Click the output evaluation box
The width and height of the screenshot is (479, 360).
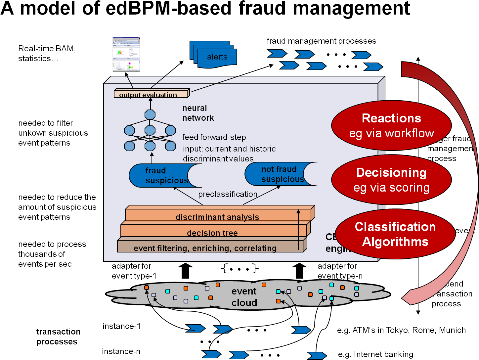(x=151, y=94)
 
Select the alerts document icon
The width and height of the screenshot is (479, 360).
(x=217, y=57)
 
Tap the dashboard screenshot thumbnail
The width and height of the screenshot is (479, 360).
(x=126, y=55)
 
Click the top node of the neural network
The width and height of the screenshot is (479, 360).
(x=150, y=114)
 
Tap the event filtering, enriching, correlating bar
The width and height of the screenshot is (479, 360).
(x=205, y=248)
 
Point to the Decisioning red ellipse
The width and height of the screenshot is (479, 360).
(x=391, y=180)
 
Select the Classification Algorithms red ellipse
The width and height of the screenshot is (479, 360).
(x=395, y=234)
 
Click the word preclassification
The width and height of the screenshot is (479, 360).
(x=228, y=194)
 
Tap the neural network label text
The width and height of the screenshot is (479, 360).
(x=198, y=113)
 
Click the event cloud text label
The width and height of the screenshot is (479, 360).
(x=244, y=297)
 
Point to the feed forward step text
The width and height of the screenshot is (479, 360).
(x=214, y=137)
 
